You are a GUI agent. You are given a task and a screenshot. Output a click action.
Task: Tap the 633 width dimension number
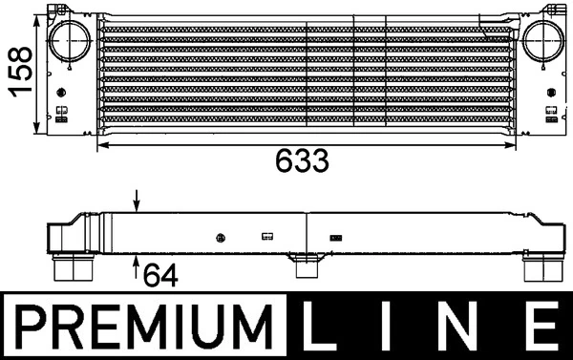(303, 160)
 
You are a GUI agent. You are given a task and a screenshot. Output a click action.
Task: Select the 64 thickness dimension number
(160, 276)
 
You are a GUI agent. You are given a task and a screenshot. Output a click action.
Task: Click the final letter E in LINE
(541, 328)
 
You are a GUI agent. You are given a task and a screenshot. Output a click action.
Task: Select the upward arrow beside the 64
(137, 263)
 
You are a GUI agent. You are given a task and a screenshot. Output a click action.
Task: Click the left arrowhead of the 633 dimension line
(104, 144)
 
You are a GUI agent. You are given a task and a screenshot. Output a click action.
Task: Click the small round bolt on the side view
(221, 236)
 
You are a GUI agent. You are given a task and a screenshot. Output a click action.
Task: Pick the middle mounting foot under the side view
(304, 265)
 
